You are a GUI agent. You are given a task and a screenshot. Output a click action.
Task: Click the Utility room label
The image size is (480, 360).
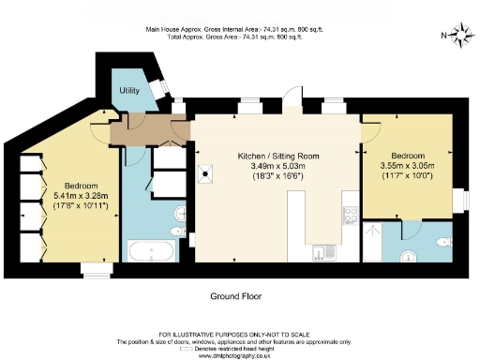128,91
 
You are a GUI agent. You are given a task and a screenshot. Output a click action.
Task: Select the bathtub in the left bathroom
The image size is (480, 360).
150,250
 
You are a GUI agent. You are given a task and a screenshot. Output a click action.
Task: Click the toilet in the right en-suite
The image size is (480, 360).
407,256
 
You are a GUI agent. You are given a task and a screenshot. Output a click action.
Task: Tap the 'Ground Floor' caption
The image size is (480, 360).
234,295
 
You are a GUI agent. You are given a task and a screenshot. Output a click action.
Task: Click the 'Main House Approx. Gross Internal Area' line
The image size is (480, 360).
234,29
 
